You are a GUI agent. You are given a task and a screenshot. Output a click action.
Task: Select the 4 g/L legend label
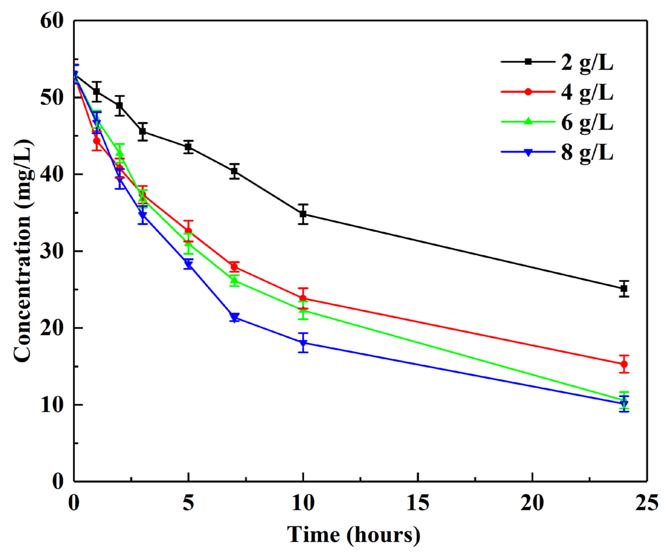pos(587,93)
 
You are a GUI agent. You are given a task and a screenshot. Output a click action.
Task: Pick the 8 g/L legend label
pos(587,153)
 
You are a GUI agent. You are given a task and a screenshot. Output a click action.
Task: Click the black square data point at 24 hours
pos(624,289)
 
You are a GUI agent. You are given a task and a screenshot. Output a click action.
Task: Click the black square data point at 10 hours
pos(303,214)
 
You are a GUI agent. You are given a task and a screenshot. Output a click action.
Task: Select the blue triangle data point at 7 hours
pos(234,317)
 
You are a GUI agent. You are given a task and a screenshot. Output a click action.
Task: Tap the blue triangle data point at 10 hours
pos(303,342)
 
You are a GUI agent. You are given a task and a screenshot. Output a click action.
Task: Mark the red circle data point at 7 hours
pos(234,267)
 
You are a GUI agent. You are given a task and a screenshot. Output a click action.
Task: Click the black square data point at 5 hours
pos(188,147)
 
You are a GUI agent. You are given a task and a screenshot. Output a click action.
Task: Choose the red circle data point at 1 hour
pos(97,141)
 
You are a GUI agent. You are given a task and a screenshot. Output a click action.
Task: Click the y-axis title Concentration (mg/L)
pos(23,251)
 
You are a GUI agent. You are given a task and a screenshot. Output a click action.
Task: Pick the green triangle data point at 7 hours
pos(234,281)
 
